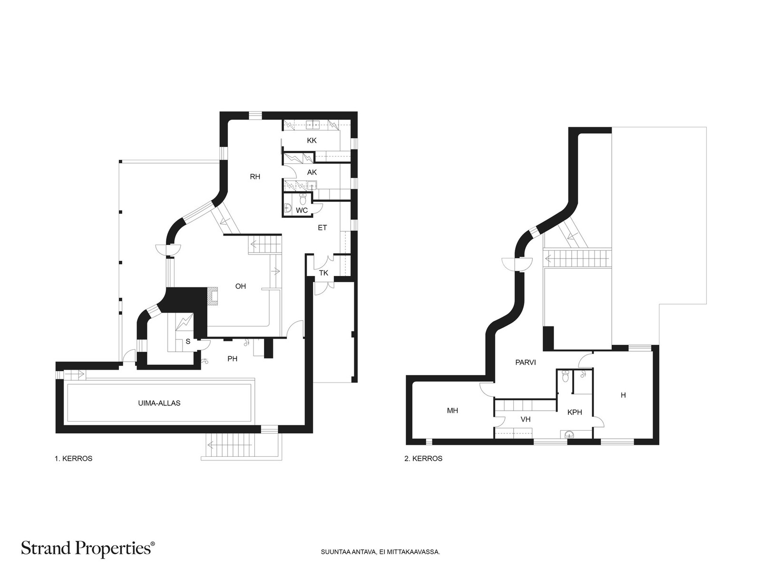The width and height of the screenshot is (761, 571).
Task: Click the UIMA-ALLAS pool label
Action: (159, 403)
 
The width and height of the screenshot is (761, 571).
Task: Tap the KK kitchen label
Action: (312, 140)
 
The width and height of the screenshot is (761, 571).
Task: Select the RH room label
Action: (255, 177)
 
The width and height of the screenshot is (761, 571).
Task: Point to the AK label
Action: (312, 172)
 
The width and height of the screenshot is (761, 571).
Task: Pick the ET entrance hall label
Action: (322, 228)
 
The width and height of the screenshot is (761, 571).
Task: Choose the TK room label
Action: (323, 273)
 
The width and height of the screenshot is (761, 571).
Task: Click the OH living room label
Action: (241, 286)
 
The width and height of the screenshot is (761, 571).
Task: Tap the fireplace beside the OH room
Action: (212, 296)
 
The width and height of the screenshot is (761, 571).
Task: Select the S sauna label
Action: (188, 342)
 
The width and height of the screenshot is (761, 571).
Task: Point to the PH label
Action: (232, 359)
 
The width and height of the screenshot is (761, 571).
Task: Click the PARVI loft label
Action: (526, 363)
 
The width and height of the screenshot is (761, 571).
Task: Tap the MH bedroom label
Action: (452, 411)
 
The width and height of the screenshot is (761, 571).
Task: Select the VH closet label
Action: (526, 420)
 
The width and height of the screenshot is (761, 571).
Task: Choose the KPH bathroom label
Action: (575, 413)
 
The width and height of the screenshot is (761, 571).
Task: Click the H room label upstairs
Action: (623, 395)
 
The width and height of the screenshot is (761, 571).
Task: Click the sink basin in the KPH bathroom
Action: (570, 434)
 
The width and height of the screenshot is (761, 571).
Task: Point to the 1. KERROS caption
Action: (74, 459)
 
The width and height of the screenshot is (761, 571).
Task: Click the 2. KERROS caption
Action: (423, 459)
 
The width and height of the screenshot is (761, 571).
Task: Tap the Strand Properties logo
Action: (88, 548)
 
